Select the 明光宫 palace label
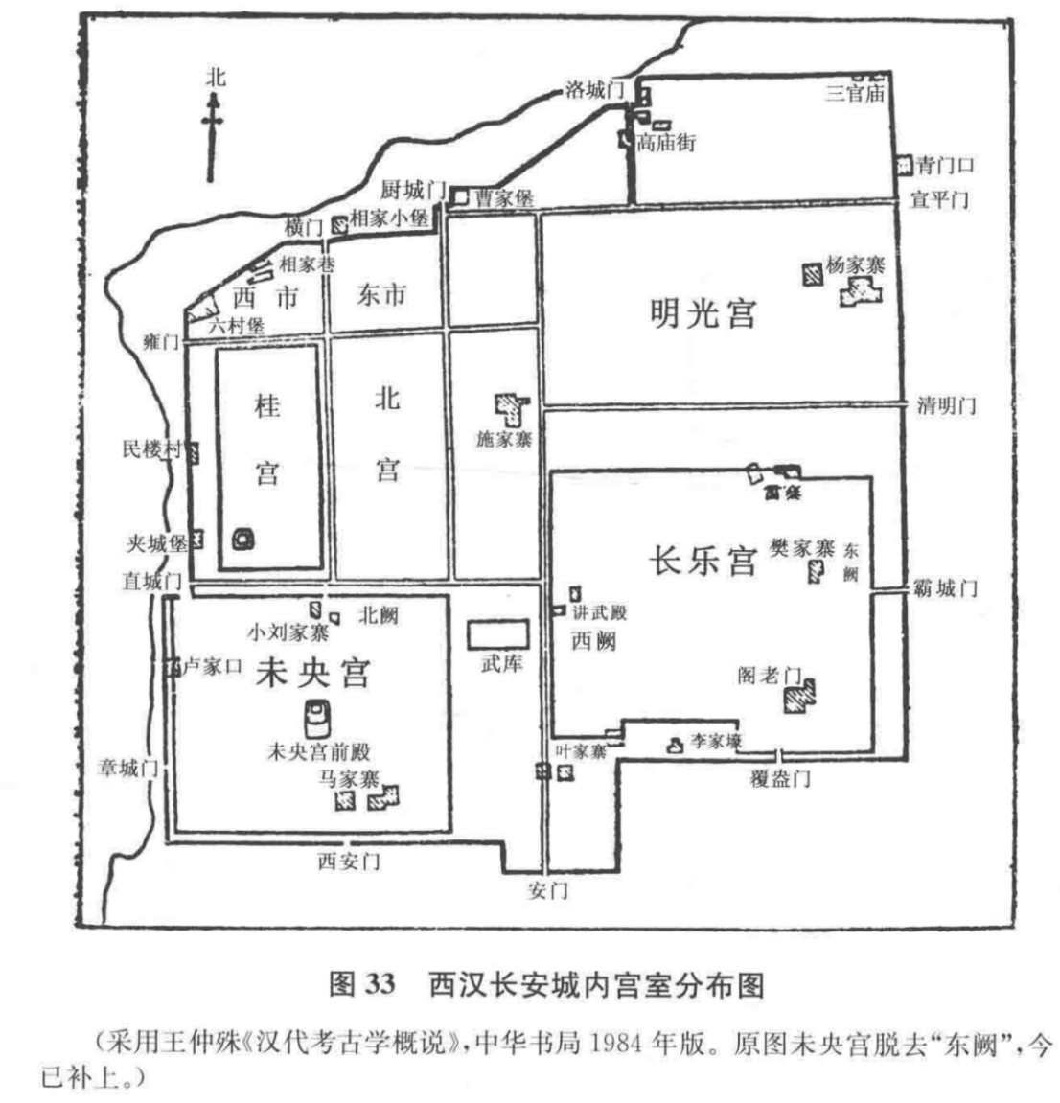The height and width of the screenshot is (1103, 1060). click(x=703, y=312)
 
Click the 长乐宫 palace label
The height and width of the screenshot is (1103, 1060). click(x=704, y=560)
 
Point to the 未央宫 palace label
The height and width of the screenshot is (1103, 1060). click(x=312, y=674)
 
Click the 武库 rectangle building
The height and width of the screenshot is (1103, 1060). click(x=497, y=633)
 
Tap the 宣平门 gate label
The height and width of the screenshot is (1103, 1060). click(x=940, y=200)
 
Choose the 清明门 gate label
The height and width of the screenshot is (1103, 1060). click(x=946, y=405)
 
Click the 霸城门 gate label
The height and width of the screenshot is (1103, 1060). click(x=947, y=588)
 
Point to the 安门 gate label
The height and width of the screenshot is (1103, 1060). click(x=548, y=890)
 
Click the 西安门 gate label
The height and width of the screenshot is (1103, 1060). click(x=349, y=862)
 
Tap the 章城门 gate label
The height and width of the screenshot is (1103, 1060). click(x=128, y=768)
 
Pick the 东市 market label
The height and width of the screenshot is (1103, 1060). click(x=381, y=295)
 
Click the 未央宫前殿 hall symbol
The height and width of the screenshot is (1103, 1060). click(x=315, y=717)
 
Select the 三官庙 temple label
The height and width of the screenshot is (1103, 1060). click(x=855, y=93)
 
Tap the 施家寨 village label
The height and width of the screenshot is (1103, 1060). click(x=503, y=440)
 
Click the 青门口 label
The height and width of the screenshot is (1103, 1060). click(x=945, y=165)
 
